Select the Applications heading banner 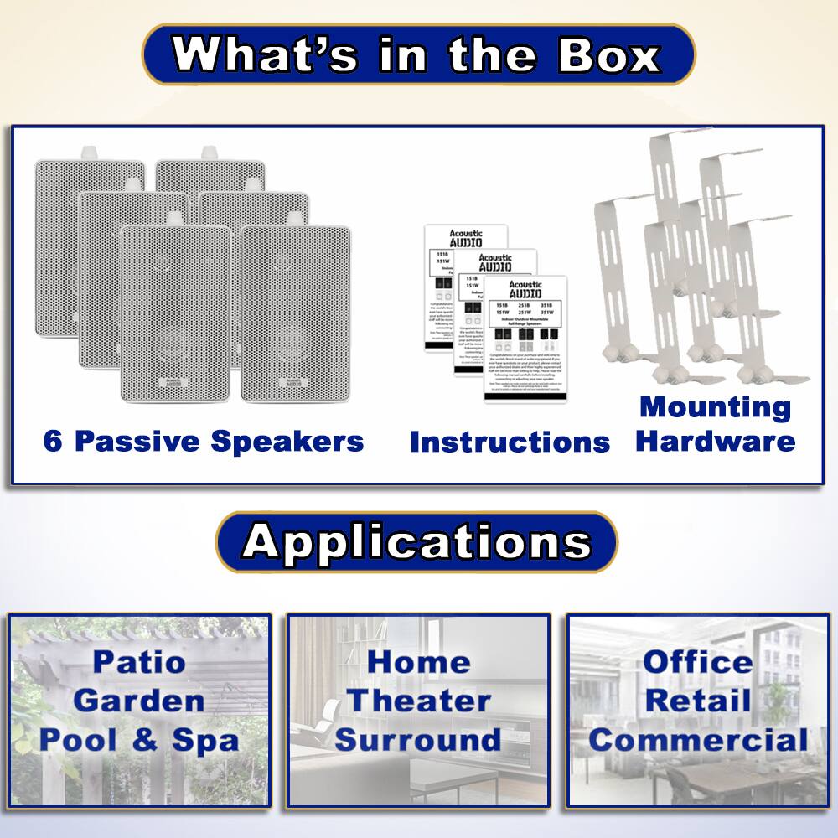click(416, 543)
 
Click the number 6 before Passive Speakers click(53, 441)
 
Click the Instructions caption click(510, 442)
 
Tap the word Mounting click(715, 407)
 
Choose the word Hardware click(715, 441)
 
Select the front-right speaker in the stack click(295, 314)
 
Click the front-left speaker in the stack click(174, 314)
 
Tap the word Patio click(139, 661)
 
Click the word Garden click(139, 701)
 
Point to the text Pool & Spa click(139, 740)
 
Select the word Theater click(418, 701)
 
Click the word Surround click(418, 740)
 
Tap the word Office click(698, 661)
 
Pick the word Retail click(698, 701)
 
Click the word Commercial click(698, 740)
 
